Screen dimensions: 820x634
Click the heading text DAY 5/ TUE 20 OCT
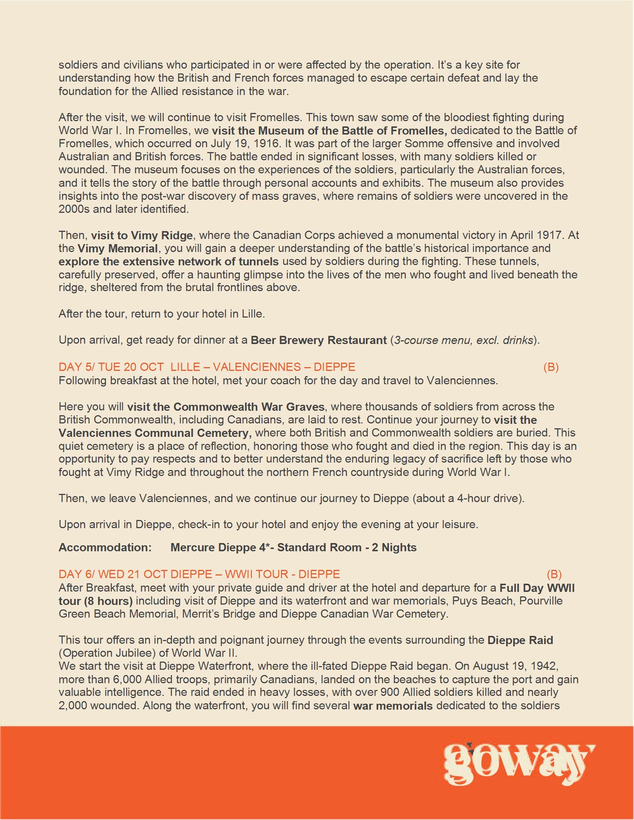[x=111, y=367]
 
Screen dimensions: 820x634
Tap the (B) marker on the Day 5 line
[x=550, y=367]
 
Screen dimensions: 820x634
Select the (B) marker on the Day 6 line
[x=554, y=574]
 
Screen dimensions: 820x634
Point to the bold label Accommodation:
[x=105, y=548]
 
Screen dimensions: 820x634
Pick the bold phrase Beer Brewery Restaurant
[x=318, y=340]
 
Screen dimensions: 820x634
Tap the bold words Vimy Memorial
[x=117, y=249]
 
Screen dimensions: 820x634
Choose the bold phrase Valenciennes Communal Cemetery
[x=155, y=433]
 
